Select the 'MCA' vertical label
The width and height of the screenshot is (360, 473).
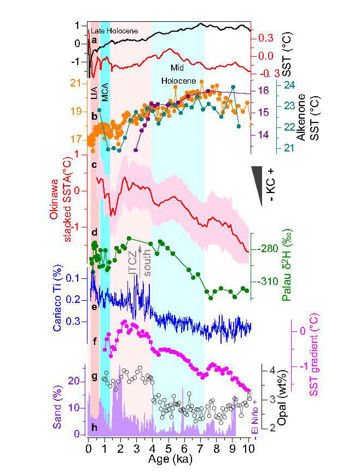(104, 94)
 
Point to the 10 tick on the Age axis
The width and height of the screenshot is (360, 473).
(248, 449)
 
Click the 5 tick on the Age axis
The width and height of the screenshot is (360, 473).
(168, 449)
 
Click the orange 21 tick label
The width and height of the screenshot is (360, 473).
(77, 83)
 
